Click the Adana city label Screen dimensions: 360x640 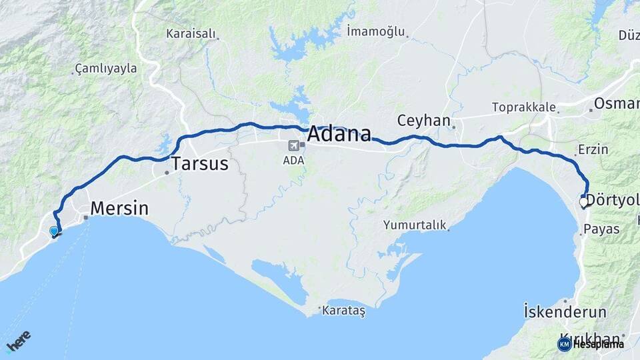[x=339, y=135]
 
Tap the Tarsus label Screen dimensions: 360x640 [x=200, y=164]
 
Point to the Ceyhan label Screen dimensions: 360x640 [x=424, y=121]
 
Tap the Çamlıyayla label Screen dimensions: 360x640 [x=106, y=68]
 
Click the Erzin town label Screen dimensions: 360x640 [x=593, y=149]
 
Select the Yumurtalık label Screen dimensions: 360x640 [x=414, y=225]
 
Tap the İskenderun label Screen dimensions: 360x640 [x=565, y=312]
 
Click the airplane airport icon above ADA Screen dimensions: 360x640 [x=293, y=145]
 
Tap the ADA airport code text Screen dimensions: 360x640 [x=293, y=161]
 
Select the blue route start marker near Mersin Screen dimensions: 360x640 [x=54, y=231]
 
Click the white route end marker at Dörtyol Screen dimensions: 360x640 [x=583, y=201]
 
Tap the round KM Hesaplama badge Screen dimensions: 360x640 [x=565, y=344]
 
